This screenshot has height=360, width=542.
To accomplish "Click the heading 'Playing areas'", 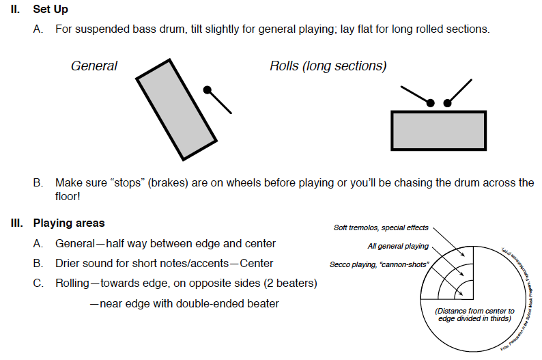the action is [x=69, y=223].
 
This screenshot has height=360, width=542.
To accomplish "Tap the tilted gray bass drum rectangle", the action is [x=177, y=110].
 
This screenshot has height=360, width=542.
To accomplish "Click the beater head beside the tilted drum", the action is [x=208, y=90].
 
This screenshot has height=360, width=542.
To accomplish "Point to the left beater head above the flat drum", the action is [x=430, y=103].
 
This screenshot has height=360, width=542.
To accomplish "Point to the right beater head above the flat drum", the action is [x=448, y=103].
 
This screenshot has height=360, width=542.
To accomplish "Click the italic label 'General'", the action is [x=94, y=66].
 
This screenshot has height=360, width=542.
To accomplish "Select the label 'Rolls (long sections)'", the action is [x=328, y=66].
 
